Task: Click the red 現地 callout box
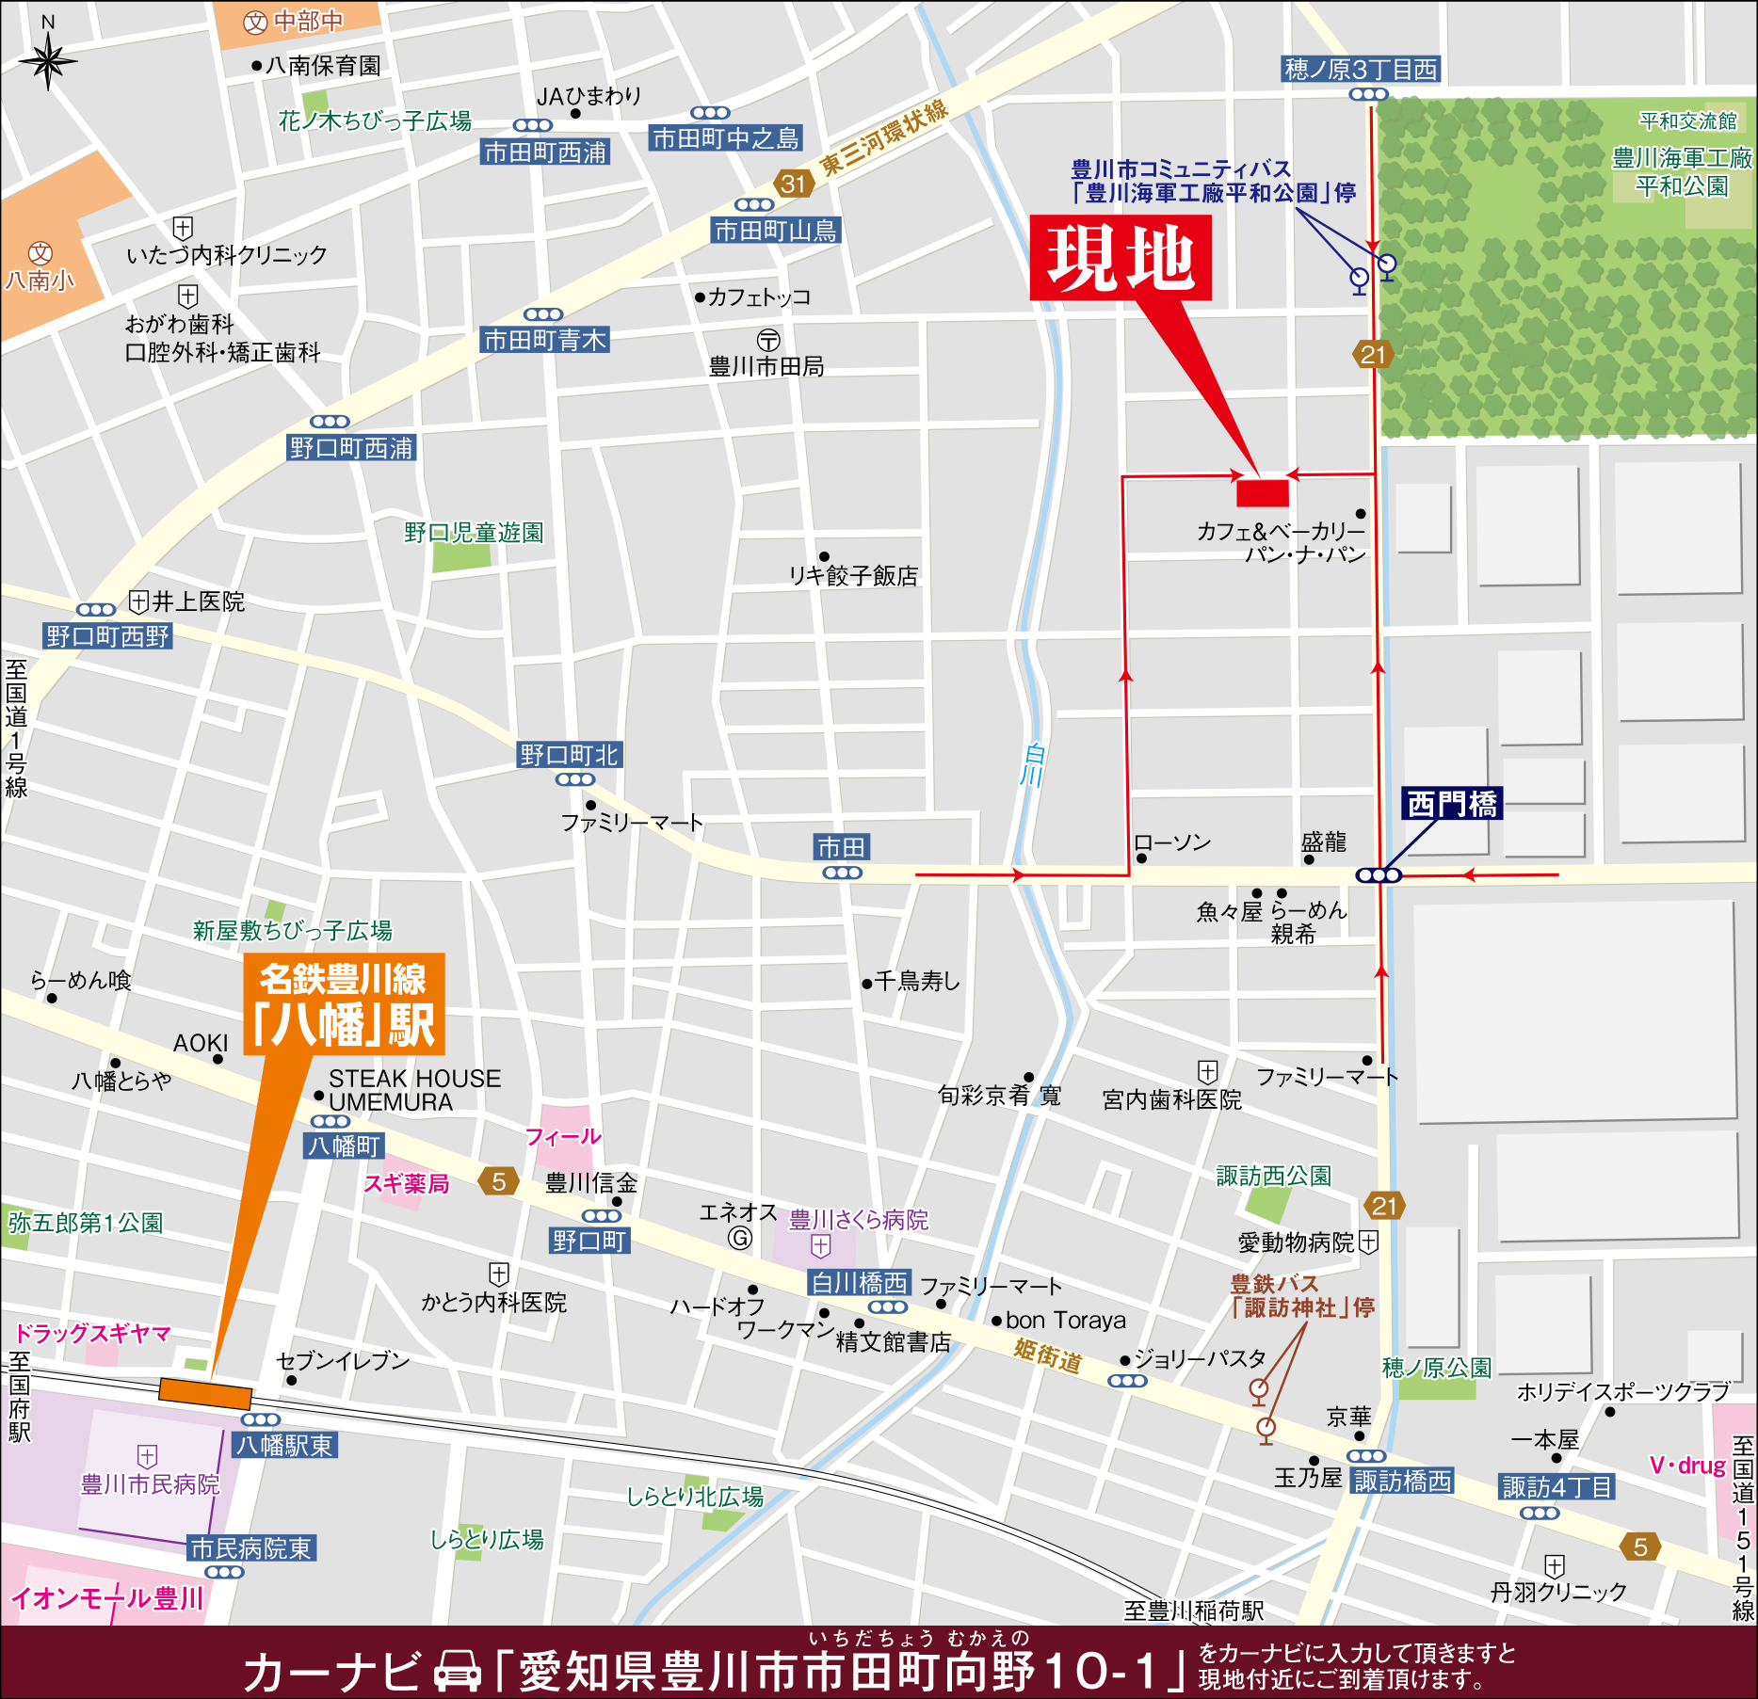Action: (x=1120, y=257)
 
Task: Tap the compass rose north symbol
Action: (x=48, y=61)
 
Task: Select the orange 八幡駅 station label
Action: (x=344, y=1004)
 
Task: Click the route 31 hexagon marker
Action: (x=793, y=184)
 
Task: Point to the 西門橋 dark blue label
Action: (x=1451, y=804)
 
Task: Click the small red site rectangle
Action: (x=1262, y=493)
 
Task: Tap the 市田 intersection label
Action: (x=841, y=847)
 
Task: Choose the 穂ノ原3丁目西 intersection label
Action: (x=1361, y=69)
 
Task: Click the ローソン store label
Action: (x=1172, y=842)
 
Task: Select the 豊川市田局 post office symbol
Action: (x=768, y=340)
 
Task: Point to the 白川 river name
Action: (x=1034, y=764)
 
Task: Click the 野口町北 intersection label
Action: (x=569, y=755)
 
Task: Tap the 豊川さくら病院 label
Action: (x=858, y=1220)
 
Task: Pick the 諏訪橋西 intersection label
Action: (x=1402, y=1482)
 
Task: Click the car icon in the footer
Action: (x=458, y=1671)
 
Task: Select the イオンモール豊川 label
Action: (x=107, y=1598)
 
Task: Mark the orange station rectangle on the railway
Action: (x=205, y=1393)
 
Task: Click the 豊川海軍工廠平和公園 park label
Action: (x=1682, y=172)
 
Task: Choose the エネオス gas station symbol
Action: (x=740, y=1238)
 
